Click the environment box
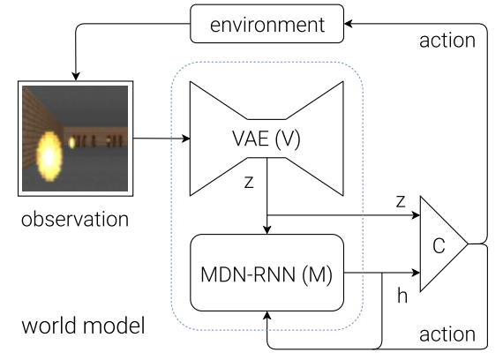click(267, 24)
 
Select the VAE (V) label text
click(267, 139)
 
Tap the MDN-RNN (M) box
click(267, 273)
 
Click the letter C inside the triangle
click(439, 246)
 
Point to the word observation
click(75, 220)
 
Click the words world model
click(84, 326)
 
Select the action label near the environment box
click(447, 41)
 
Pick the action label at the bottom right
click(447, 334)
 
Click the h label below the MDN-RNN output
click(402, 296)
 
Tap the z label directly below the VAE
click(249, 182)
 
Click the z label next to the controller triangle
click(401, 201)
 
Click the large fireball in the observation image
click(49, 156)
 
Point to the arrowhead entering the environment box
click(348, 24)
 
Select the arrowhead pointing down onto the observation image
click(76, 77)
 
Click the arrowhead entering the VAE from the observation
click(186, 139)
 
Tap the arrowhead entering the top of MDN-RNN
click(267, 230)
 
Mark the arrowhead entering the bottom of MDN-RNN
click(267, 315)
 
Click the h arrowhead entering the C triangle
click(416, 273)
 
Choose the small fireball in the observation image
click(72, 142)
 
